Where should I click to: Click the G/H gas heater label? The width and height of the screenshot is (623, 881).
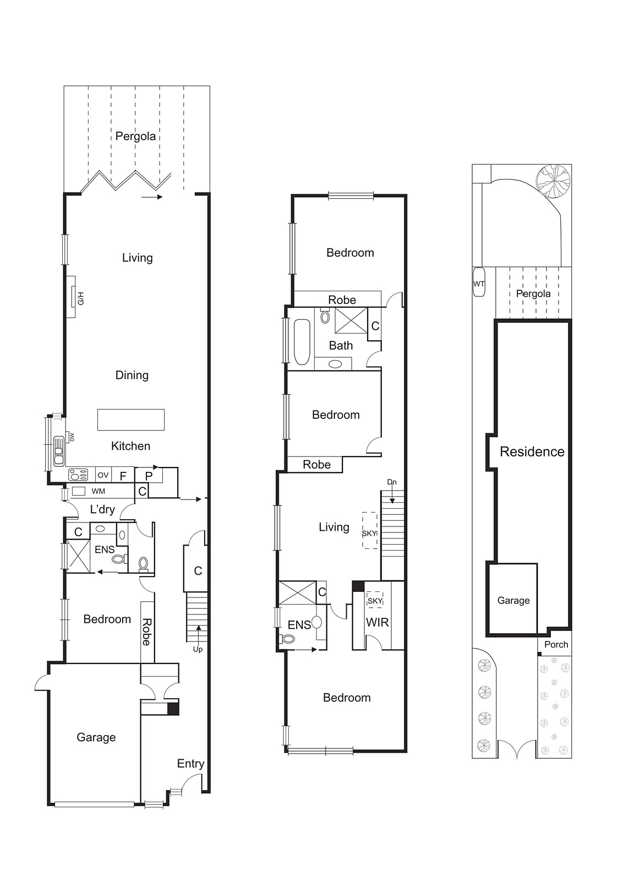pos(80,300)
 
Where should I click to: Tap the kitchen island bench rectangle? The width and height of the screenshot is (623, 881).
pos(131,420)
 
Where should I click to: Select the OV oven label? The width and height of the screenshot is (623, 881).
pos(103,475)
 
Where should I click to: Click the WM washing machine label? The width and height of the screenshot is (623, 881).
pos(99,491)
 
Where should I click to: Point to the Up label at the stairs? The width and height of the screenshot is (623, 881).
pos(198,649)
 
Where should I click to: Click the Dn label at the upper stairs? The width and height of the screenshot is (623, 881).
pos(391,482)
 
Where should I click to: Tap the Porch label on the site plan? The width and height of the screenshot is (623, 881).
pos(556,644)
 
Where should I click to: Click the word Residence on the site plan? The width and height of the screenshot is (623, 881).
pos(532,452)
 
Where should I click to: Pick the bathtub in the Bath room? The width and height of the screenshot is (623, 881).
pos(301,342)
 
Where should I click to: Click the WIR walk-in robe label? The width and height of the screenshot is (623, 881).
pos(377,622)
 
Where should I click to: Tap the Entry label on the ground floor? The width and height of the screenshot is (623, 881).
pos(190,763)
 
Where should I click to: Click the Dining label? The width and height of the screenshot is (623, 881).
pos(132,375)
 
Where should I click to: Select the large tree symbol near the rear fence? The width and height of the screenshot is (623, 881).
pos(553,181)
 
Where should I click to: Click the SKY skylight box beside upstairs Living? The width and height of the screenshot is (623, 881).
pos(369,530)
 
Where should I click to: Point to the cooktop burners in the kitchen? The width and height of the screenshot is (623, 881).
pos(78,475)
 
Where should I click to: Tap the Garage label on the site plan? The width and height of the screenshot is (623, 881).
pos(513,600)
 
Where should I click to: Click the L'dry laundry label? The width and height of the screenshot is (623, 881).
pos(102,509)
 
